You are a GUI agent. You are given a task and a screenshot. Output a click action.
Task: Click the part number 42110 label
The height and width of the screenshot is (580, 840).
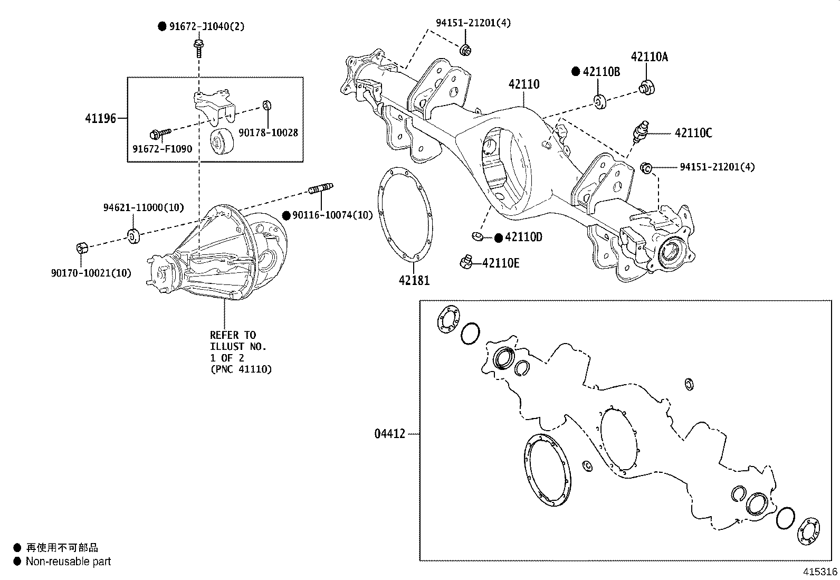click(524, 84)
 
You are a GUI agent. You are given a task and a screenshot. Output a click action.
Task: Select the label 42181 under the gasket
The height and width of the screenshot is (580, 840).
click(414, 280)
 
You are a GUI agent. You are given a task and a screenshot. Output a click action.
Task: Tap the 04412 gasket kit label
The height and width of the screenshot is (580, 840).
click(390, 434)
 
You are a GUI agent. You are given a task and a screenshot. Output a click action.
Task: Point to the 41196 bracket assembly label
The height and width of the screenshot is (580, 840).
click(100, 118)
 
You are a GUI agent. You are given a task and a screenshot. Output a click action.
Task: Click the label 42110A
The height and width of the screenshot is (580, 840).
click(649, 57)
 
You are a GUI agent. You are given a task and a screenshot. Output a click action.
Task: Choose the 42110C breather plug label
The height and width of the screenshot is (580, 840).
click(693, 134)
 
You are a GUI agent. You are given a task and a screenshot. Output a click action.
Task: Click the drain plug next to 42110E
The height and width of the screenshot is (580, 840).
click(465, 261)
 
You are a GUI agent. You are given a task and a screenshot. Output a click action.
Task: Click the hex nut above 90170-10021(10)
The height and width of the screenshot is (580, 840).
click(82, 248)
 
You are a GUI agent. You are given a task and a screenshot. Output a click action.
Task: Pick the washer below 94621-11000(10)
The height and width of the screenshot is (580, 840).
click(133, 235)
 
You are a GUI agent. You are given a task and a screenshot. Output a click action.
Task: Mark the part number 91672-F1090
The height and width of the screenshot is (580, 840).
click(162, 149)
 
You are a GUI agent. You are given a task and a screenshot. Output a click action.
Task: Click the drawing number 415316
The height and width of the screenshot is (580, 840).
click(820, 572)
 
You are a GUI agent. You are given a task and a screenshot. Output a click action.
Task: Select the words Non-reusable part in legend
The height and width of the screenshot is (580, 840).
click(69, 562)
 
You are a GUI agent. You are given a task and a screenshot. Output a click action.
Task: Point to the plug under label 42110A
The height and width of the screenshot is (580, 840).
click(647, 87)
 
